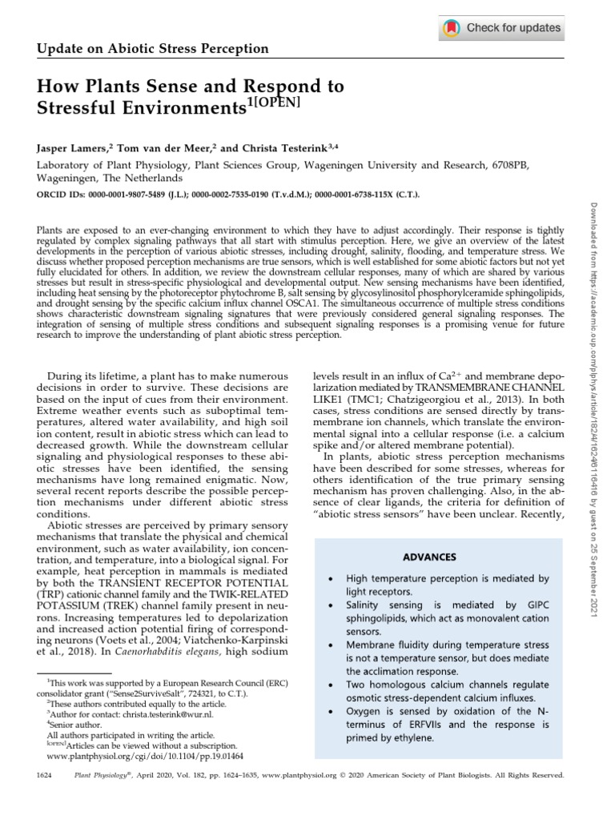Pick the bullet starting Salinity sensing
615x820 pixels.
coord(447,613)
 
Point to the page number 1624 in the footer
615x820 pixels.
coord(46,775)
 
